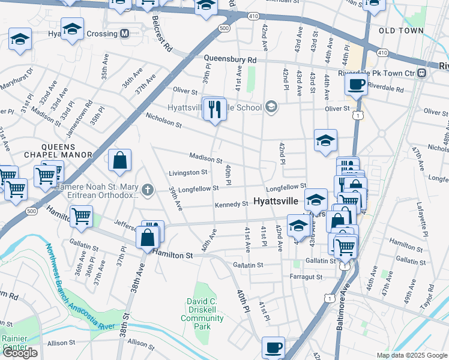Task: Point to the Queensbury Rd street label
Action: click(x=230, y=60)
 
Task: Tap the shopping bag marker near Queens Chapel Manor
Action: click(x=120, y=160)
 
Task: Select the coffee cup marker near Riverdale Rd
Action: click(x=357, y=85)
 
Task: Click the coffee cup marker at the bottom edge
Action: click(x=274, y=347)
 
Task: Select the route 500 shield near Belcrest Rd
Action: click(x=224, y=28)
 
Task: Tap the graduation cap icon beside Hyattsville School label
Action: click(x=271, y=107)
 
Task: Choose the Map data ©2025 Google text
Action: click(x=412, y=355)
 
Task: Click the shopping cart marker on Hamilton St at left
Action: click(x=81, y=216)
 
